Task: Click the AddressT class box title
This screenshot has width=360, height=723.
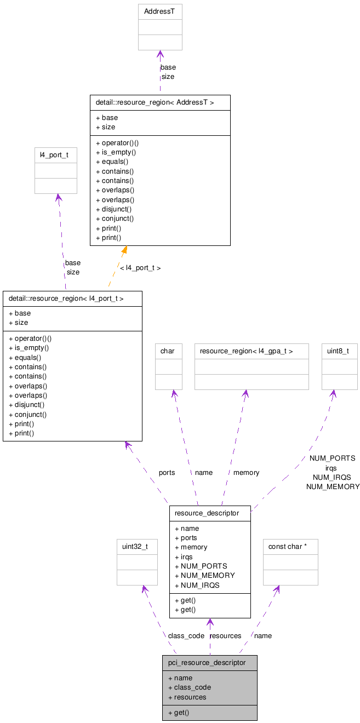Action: (x=159, y=12)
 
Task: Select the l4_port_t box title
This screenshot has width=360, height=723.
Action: (x=54, y=155)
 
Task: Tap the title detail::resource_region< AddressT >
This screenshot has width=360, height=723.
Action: (x=155, y=102)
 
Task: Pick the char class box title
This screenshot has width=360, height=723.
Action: (x=167, y=351)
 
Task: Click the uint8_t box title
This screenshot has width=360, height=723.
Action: (x=339, y=351)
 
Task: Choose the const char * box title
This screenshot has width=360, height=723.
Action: (x=287, y=547)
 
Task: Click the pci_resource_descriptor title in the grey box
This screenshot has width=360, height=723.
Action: (x=207, y=663)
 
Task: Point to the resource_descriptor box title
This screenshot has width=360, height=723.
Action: (x=207, y=513)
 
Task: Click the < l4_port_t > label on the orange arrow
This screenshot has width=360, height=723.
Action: (x=140, y=268)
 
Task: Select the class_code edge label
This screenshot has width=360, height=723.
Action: (x=186, y=636)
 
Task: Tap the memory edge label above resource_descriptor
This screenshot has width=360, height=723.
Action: (x=246, y=472)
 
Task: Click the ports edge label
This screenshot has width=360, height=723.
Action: (x=167, y=472)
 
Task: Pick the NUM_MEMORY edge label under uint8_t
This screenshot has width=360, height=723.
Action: (x=333, y=486)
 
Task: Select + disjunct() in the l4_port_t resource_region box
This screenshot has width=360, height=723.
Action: (x=26, y=405)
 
